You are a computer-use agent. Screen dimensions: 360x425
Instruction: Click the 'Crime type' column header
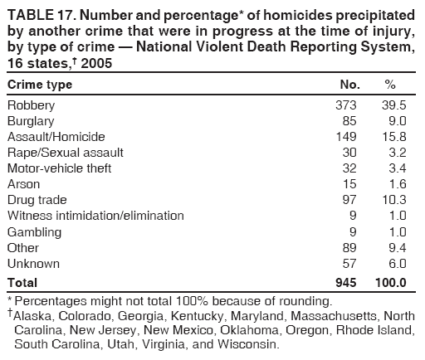[x=40, y=85]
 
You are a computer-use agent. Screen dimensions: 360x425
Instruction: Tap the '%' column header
[x=390, y=85]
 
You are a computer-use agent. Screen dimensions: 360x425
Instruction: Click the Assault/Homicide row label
[x=56, y=136]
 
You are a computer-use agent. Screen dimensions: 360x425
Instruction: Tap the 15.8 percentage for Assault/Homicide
[x=393, y=136]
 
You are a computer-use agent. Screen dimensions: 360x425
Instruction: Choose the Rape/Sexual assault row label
[x=65, y=152]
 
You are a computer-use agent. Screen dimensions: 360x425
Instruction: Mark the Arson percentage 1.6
[x=396, y=183]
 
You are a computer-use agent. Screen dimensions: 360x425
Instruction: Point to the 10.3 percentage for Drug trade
[x=393, y=200]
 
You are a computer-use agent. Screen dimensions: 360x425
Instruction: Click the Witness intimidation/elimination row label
[x=95, y=216]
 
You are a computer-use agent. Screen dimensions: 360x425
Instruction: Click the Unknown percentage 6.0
[x=396, y=263]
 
